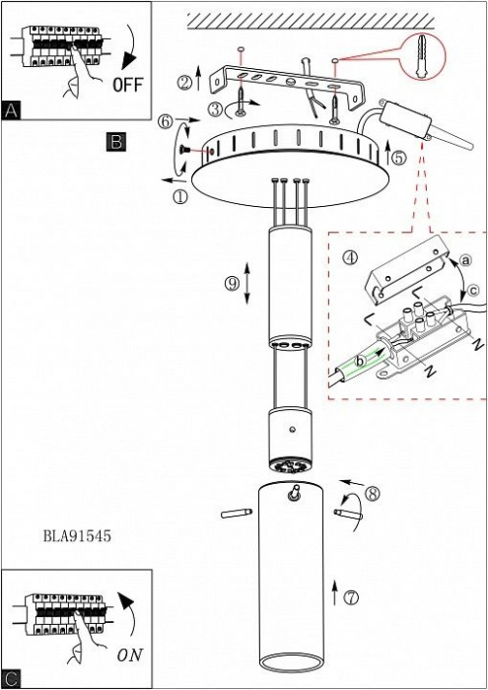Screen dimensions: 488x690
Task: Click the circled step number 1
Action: (180, 196)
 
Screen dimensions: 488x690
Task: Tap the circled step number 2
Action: (185, 82)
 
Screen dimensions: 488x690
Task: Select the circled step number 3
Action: (215, 109)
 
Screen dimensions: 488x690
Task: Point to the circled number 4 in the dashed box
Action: (350, 257)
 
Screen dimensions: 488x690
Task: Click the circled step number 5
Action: (398, 158)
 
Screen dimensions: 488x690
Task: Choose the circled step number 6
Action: (166, 122)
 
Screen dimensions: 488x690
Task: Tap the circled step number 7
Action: (351, 597)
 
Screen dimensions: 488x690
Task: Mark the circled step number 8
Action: (373, 493)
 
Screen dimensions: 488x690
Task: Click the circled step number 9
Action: (232, 284)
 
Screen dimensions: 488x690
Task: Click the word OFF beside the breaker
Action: (128, 85)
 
